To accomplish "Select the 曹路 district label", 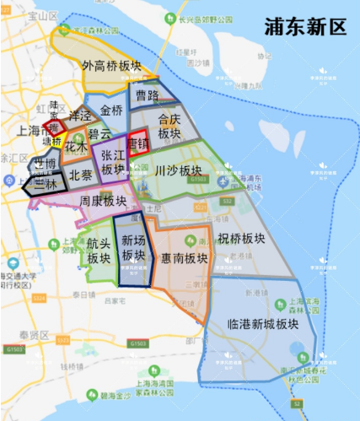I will point(148,96).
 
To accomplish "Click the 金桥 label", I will point(111,111).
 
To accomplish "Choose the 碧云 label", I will point(100,133).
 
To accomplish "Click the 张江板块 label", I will point(112,163).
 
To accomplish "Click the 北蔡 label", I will point(81,176).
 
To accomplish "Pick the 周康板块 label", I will point(103,202).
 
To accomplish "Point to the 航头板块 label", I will point(99,251).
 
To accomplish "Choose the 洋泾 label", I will point(80,116).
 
